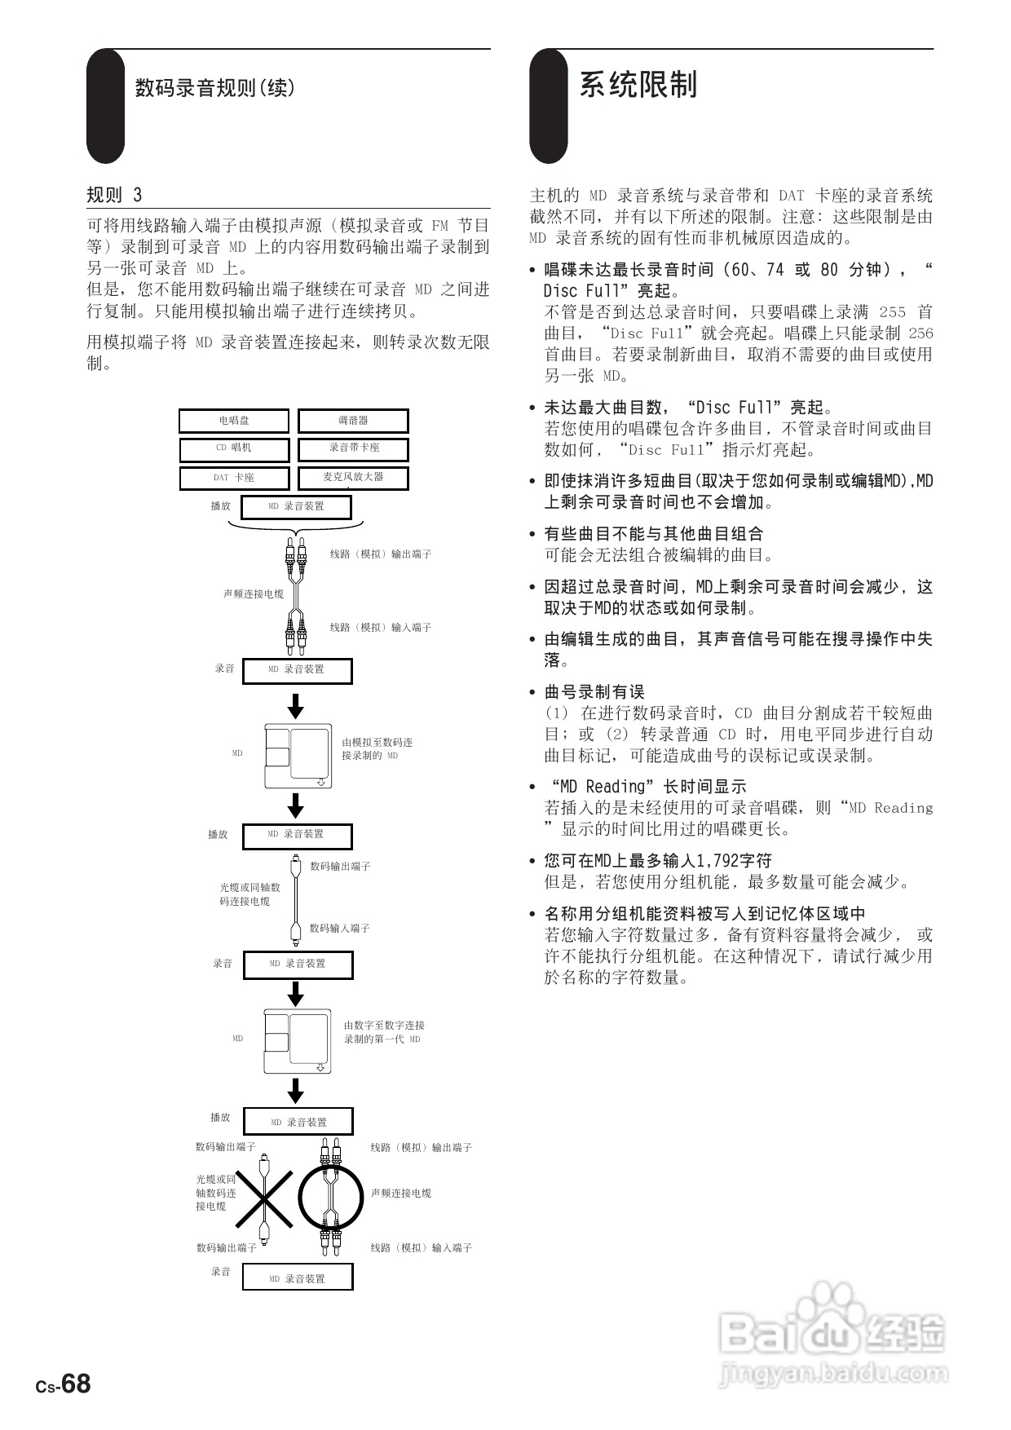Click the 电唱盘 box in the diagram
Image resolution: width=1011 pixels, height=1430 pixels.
234,421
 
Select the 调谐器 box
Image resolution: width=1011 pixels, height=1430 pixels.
353,421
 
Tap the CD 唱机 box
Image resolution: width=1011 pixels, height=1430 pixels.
234,448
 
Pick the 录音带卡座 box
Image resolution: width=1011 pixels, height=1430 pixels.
353,448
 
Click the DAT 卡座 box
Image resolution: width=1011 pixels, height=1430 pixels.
234,477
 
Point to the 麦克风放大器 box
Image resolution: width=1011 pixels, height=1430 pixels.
353,477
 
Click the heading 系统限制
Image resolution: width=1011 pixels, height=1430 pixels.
638,85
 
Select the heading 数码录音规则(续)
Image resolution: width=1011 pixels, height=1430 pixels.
214,87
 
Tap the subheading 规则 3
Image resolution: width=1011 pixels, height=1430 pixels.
114,195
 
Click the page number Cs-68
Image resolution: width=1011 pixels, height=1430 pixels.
63,1384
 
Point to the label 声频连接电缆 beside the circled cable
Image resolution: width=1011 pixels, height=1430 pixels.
401,1193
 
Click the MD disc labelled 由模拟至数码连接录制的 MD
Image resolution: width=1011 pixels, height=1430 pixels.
298,756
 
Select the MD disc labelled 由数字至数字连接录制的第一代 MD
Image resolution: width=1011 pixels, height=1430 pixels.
298,1041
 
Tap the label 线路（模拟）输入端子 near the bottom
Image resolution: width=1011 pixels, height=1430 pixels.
421,1247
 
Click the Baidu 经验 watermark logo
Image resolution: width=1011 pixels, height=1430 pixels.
832,1334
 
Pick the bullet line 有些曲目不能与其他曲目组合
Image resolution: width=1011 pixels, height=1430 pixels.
654,534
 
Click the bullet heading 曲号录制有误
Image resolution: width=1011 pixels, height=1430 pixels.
594,692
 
